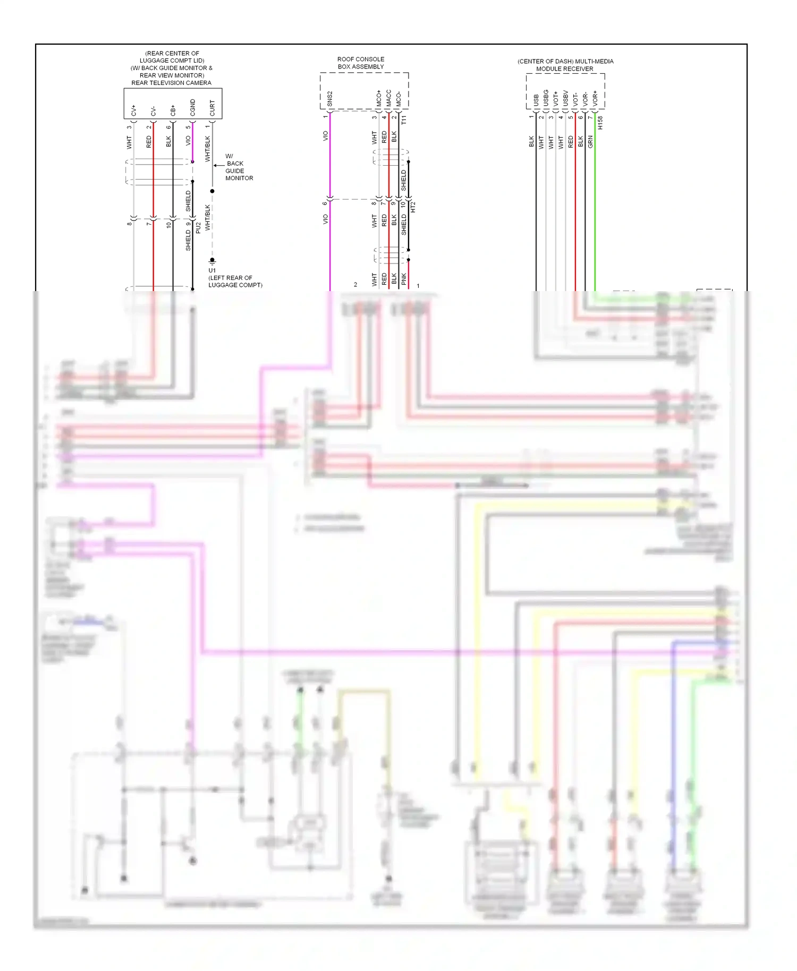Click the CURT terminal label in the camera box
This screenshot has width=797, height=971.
[x=212, y=108]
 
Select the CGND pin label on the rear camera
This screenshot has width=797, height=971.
[x=192, y=107]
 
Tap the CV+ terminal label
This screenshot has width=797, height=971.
[x=133, y=110]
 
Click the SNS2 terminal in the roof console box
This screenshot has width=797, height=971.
[x=329, y=99]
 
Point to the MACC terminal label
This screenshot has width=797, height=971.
[x=388, y=98]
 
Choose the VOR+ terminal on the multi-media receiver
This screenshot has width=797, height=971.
[x=595, y=98]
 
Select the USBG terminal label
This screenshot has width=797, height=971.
[x=546, y=97]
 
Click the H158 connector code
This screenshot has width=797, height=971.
[x=600, y=123]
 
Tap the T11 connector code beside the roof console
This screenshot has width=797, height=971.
[x=404, y=120]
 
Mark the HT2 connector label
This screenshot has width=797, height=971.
[x=413, y=207]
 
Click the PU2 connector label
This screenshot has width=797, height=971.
[x=198, y=227]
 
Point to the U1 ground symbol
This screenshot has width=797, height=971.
[x=212, y=261]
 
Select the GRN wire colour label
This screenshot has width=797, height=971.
[x=590, y=142]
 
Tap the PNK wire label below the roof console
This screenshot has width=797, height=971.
[x=404, y=279]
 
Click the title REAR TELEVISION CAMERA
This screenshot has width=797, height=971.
[x=171, y=83]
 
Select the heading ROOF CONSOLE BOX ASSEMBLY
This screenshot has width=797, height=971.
[x=361, y=63]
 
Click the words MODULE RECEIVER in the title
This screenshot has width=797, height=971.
[x=564, y=69]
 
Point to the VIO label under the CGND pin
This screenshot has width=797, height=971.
[x=188, y=141]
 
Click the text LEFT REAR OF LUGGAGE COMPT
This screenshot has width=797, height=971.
[x=235, y=282]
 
